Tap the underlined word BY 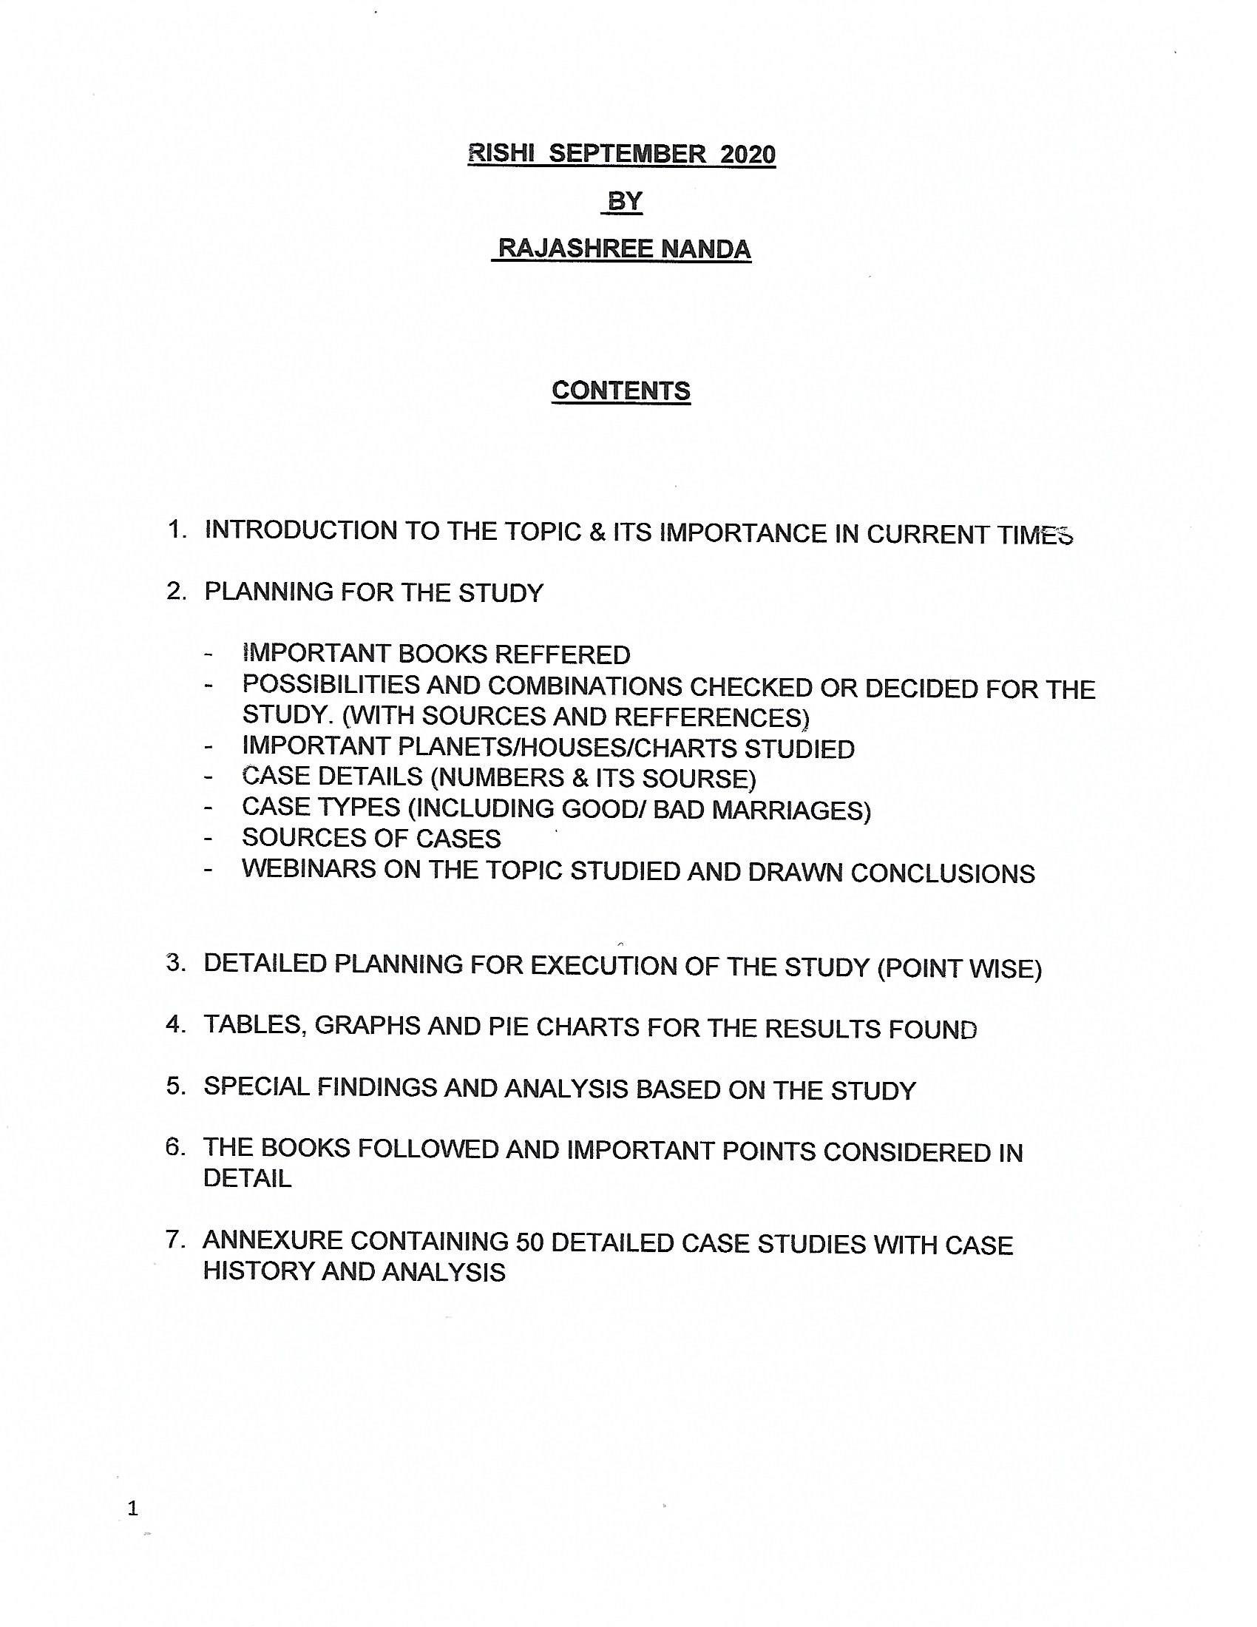point(625,201)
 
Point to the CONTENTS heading point(621,390)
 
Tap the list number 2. point(176,592)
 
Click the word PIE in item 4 point(509,1026)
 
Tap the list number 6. point(176,1147)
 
